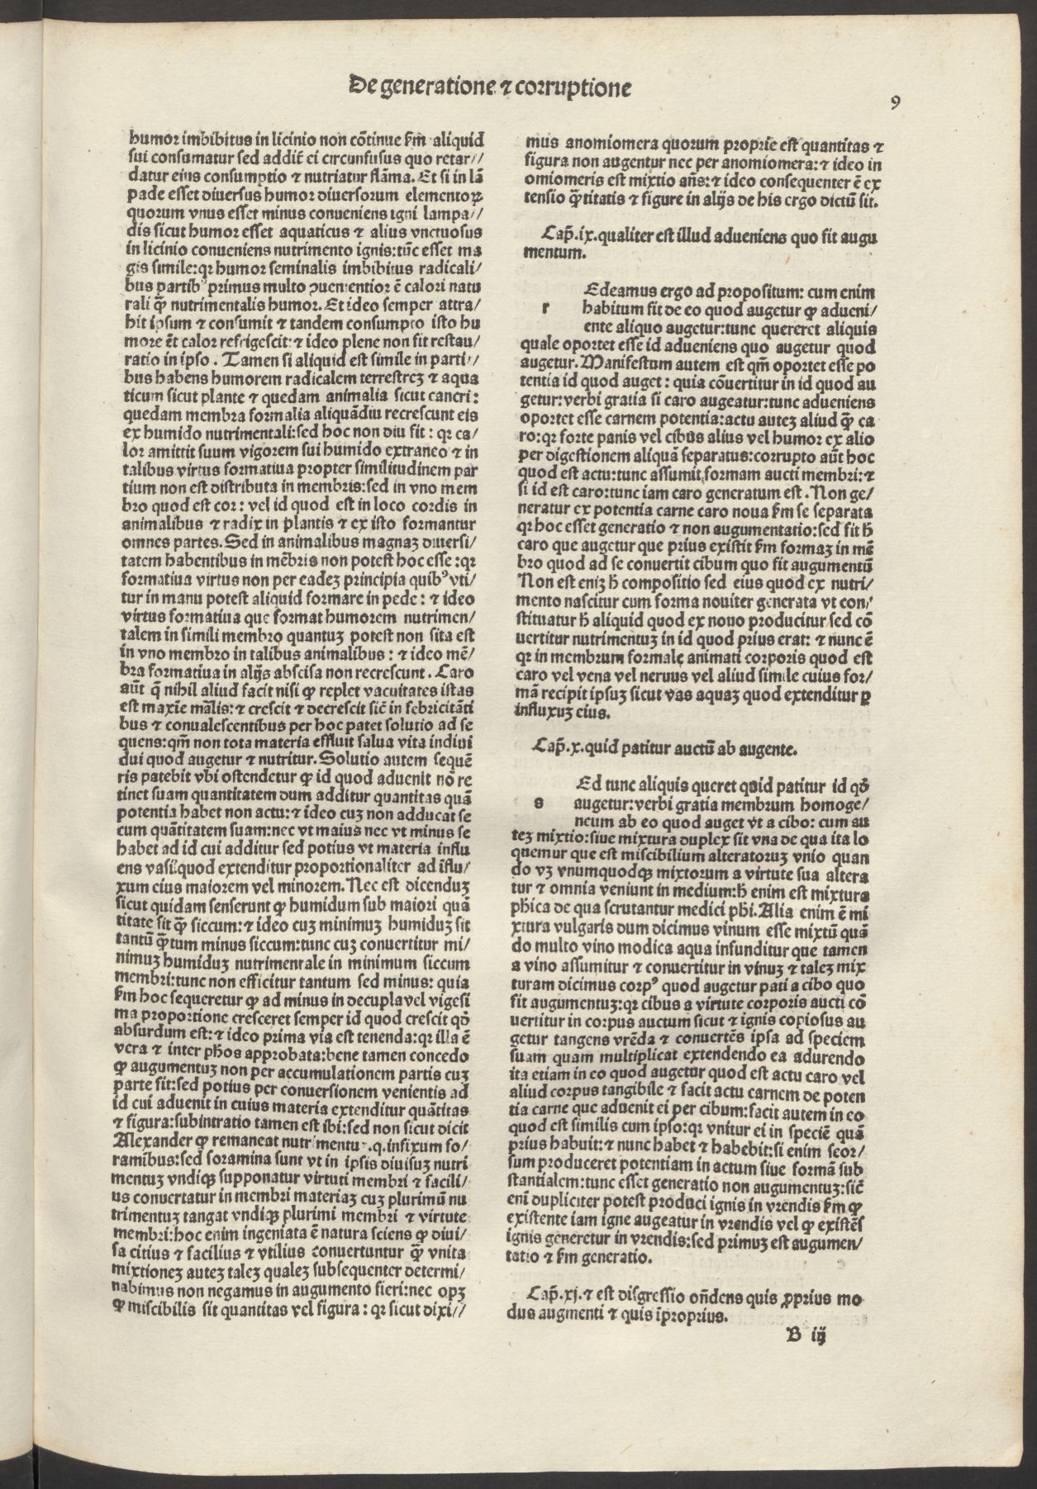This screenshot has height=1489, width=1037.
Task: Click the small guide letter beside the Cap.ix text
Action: [x=545, y=309]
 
